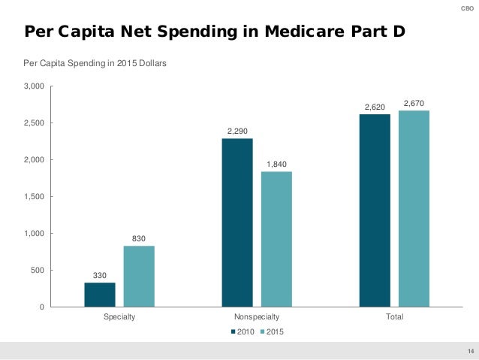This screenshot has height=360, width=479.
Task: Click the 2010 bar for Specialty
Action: pos(100,295)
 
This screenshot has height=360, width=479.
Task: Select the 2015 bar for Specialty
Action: pos(139,276)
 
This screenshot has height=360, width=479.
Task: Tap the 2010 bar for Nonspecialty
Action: pos(237,222)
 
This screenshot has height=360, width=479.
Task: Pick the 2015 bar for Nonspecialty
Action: pos(276,239)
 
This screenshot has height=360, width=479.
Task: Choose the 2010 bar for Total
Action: pos(375,210)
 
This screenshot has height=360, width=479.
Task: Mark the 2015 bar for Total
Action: pos(414,208)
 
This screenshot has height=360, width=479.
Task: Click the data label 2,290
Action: pos(237,131)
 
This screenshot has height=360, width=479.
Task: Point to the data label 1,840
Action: pos(276,164)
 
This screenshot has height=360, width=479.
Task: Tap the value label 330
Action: pos(100,275)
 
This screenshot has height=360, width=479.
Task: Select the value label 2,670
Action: pos(414,102)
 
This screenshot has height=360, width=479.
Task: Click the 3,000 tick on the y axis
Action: pos(35,86)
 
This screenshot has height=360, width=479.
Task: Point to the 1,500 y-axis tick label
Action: pos(35,197)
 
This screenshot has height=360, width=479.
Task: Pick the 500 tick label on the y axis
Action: pos(38,271)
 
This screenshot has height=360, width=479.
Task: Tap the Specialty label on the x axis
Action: pos(119,317)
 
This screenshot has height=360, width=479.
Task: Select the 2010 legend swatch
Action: pos(233,331)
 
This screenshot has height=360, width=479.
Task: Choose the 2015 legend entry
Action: pos(271,331)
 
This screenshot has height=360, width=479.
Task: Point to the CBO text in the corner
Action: pos(466,7)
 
